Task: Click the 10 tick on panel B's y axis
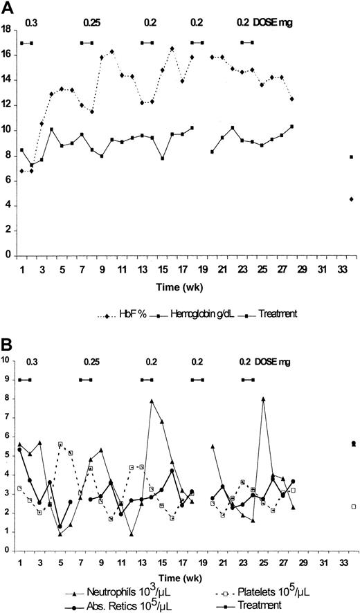tap(6, 360)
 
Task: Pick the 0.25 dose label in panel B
tap(91, 361)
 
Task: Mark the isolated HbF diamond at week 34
tap(352, 199)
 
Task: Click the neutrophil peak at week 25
tap(263, 399)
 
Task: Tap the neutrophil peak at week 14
tap(152, 401)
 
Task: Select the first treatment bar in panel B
tap(26, 380)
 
